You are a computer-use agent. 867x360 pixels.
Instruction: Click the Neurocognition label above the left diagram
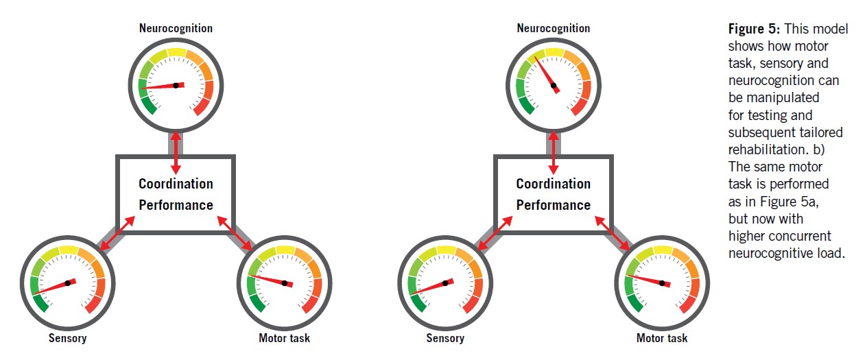pos(176,28)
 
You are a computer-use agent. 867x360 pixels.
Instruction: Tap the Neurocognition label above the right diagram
pos(553,28)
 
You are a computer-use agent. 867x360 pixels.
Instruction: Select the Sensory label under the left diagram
pos(67,338)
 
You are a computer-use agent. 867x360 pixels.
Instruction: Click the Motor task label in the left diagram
pos(284,338)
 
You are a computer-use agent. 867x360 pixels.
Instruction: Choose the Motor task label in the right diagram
pos(661,338)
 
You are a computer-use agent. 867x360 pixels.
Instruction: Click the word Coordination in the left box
pos(176,184)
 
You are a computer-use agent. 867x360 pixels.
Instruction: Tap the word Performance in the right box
pos(553,205)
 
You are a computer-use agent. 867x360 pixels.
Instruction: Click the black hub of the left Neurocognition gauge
pos(176,85)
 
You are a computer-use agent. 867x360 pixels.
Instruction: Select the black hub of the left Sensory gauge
pos(68,282)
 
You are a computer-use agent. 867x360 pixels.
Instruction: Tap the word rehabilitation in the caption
pos(759,149)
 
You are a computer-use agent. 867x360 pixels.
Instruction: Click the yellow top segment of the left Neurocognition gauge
pos(176,52)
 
